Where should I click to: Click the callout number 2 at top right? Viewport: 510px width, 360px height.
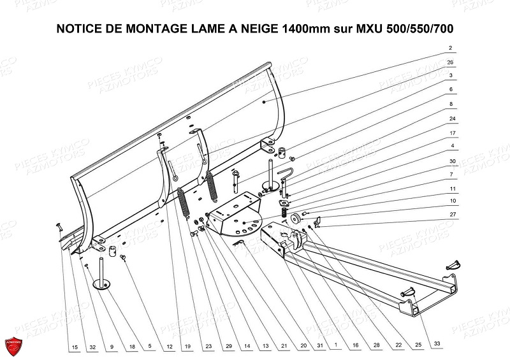(450, 48)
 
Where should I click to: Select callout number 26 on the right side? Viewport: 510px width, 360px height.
(450, 62)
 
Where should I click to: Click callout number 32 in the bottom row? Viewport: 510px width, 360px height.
(92, 347)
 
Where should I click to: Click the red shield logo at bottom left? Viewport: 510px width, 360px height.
(14, 345)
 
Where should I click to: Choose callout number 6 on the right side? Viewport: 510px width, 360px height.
(451, 89)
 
